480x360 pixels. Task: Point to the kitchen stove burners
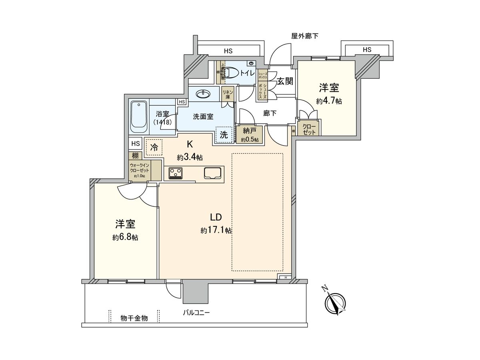coord(175,173)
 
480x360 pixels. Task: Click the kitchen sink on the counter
coord(213,173)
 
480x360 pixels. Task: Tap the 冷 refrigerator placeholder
coord(154,147)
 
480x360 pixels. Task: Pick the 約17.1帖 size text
coord(216,230)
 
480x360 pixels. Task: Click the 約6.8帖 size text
coord(125,237)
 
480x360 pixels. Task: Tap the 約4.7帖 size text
coord(329,101)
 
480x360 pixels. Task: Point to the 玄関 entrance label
coord(285,82)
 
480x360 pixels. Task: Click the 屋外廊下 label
coord(305,36)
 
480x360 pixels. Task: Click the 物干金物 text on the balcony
coord(134,318)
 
